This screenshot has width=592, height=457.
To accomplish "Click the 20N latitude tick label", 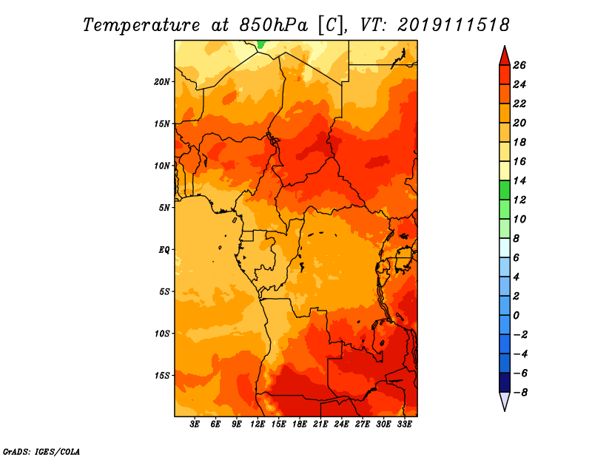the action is coord(161,82).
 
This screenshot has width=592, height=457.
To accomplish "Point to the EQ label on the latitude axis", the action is coord(164,250).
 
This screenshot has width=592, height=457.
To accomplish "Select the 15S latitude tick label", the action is coord(162,376).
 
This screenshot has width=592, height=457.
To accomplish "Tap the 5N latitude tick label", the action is coord(164,208).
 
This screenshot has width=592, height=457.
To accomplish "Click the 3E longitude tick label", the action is coord(195,424).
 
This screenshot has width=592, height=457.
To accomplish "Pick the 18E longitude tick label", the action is coord(300,424).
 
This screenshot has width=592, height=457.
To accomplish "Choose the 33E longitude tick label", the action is coord(404,424).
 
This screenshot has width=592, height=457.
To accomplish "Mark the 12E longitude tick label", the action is coord(258,424).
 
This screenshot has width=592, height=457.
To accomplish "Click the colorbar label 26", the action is coord(519,66).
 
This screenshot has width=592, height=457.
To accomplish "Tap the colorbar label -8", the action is coord(520,393).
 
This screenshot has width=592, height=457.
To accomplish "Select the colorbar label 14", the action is coord(519,180).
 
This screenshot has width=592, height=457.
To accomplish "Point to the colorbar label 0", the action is coord(517,316).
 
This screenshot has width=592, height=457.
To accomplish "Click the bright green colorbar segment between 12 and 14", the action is coord(505,190).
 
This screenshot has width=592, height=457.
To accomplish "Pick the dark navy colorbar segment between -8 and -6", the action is coord(505,382).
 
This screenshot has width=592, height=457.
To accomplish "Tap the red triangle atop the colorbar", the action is coord(505,57).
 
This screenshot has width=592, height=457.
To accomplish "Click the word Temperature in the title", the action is coord(141,25).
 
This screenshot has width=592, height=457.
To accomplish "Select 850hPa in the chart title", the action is coord(273,25).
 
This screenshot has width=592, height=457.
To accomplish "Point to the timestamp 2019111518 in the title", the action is coord(454,25).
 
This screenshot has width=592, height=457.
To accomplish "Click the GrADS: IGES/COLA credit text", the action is coord(41,452).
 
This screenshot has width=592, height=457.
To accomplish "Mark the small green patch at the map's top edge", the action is coord(262,44).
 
